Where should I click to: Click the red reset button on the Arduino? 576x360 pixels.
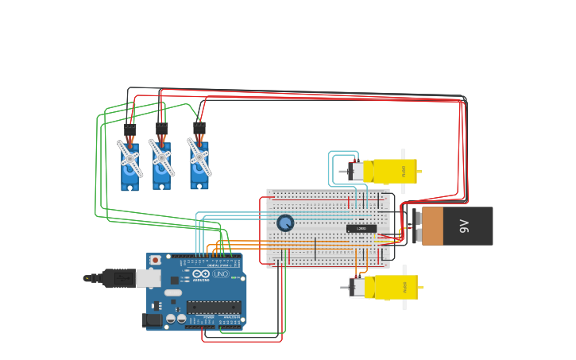click(155, 260)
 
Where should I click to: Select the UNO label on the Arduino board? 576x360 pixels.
click(221, 274)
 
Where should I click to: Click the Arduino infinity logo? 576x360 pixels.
click(201, 274)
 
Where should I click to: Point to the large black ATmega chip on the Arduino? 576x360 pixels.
click(213, 307)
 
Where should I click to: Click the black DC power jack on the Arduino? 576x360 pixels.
click(150, 319)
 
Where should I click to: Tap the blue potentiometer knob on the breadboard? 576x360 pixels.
click(285, 223)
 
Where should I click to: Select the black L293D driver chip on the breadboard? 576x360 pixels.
click(361, 229)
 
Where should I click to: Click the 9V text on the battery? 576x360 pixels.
click(466, 226)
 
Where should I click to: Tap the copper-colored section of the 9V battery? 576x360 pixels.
click(432, 226)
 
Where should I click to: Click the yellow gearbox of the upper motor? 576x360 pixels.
click(395, 171)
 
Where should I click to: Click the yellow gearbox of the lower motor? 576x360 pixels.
click(396, 287)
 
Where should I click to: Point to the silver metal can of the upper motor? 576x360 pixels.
click(357, 171)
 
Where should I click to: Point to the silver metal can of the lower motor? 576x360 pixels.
click(357, 287)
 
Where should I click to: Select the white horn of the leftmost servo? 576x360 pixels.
click(130, 158)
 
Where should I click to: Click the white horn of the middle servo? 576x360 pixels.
click(161, 157)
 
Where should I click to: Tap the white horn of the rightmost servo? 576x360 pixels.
click(199, 157)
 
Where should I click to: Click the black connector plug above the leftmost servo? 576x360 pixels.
click(130, 130)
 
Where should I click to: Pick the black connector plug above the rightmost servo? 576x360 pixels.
click(199, 129)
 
